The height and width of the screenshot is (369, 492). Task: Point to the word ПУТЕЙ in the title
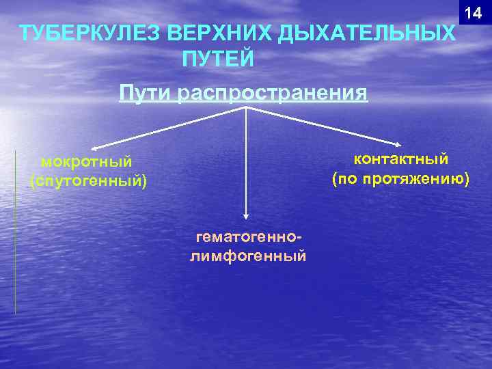[218, 59]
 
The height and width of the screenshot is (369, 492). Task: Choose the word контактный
[400, 159]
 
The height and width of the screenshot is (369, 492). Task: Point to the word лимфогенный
[248, 256]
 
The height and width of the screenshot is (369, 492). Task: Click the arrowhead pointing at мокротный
[95, 146]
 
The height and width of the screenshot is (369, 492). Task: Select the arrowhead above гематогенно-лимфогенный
[246, 217]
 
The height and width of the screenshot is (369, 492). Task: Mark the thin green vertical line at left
[15, 232]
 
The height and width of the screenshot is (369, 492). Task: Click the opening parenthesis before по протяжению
[335, 180]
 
